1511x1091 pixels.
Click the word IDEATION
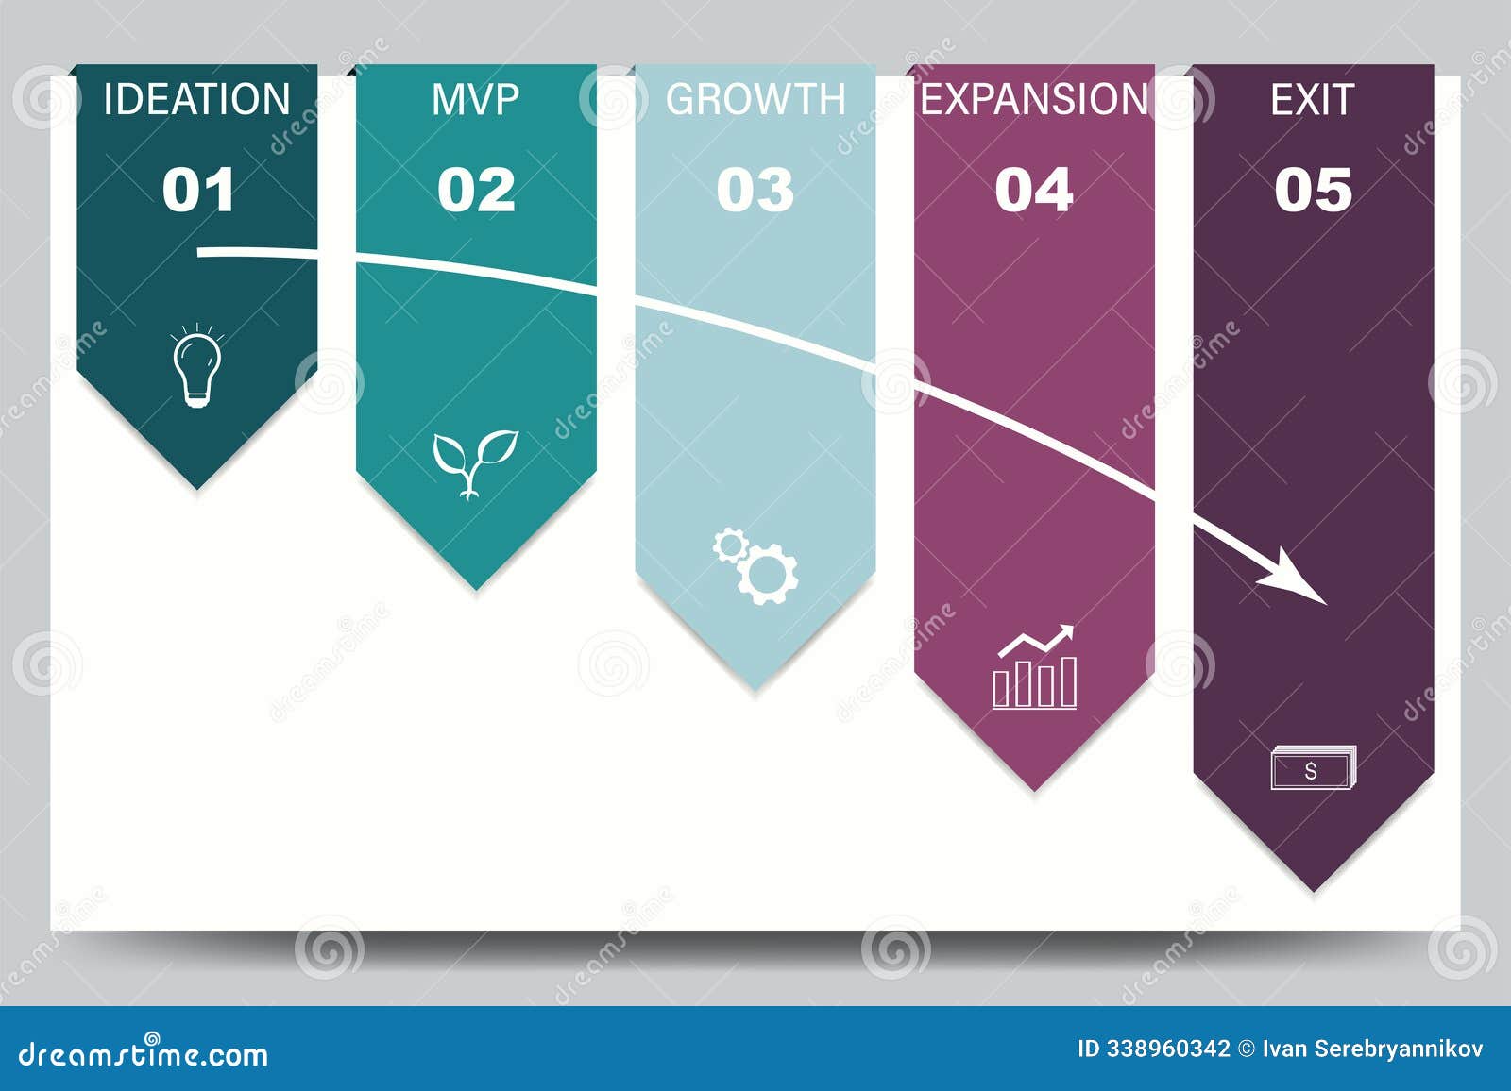pos(196,100)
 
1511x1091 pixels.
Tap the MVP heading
pos(475,100)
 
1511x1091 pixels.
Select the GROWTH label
pos(755,100)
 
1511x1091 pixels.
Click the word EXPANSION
pos(1034,100)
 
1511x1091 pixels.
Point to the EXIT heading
pos(1312,100)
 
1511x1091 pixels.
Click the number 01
pos(197,190)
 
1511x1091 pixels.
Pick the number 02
pos(476,190)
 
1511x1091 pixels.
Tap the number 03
pos(755,190)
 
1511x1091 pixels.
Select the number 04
pos(1034,190)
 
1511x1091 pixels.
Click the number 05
pos(1313,190)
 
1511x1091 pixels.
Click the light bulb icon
pos(196,367)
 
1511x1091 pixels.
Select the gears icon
pos(755,566)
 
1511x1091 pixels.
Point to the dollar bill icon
pos(1313,768)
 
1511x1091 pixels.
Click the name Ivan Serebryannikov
pos(1372,1049)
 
